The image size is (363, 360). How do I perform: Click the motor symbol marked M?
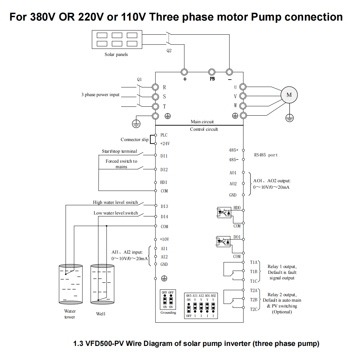(x=289, y=95)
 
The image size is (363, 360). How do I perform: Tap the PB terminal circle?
(x=212, y=72)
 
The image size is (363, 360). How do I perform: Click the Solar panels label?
(x=116, y=54)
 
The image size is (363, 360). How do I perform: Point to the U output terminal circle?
(x=243, y=87)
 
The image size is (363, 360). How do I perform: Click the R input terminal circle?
(x=155, y=87)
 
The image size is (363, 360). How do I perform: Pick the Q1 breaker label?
(x=139, y=79)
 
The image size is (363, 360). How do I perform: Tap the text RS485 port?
(x=266, y=155)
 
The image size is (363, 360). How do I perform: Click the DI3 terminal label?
(x=164, y=206)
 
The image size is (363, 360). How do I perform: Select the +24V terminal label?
(x=165, y=143)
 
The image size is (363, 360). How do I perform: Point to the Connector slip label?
(x=134, y=140)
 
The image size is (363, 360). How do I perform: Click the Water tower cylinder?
(x=70, y=284)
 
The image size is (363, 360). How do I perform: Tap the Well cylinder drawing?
(x=102, y=284)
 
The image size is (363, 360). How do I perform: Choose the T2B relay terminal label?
(x=254, y=300)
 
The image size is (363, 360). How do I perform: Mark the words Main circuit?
(x=202, y=122)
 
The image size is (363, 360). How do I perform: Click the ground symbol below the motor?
(x=290, y=118)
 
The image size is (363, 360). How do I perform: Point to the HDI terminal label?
(x=164, y=183)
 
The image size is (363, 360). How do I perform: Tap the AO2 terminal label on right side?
(x=233, y=184)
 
